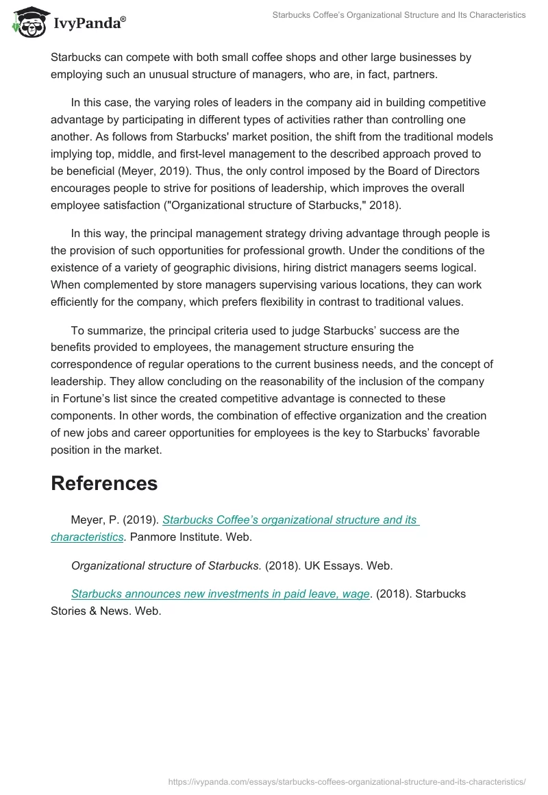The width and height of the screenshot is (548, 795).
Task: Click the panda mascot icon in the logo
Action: tap(28, 23)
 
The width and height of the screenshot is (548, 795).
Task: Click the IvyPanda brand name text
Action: tap(89, 25)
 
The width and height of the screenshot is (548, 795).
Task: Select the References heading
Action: tap(104, 483)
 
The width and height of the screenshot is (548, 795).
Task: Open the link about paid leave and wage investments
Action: tap(221, 594)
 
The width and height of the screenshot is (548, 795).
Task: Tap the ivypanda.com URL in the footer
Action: tap(347, 781)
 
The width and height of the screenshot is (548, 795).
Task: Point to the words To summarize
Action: tap(104, 330)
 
